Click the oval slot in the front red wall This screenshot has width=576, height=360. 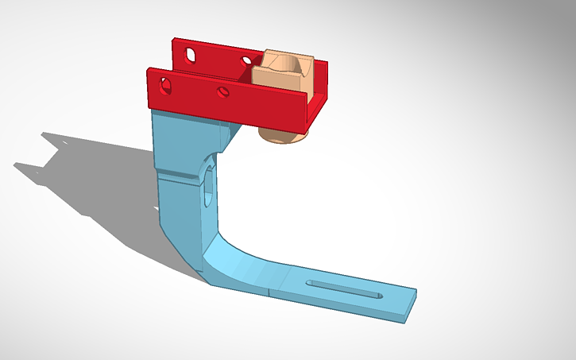click(167, 83)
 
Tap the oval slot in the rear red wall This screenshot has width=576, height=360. click(191, 55)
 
